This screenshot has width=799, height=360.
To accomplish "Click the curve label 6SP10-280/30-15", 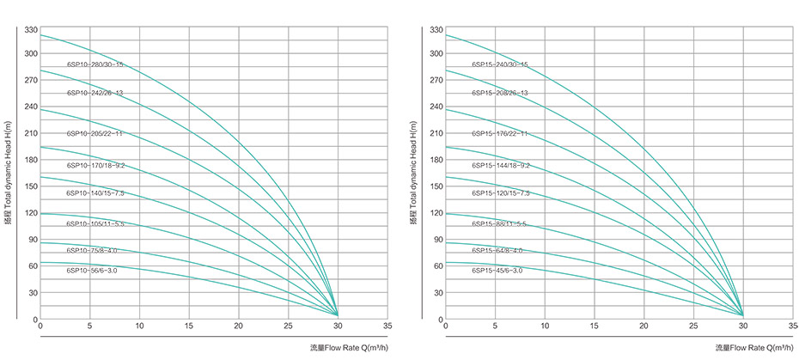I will coord(95,64).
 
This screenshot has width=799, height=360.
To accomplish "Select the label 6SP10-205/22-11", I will coord(95,134).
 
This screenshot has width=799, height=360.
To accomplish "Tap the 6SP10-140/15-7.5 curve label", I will coord(95,193).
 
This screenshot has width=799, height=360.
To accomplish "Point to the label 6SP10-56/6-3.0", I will coord(92,271).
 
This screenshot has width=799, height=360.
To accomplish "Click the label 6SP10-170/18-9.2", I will coord(95,165).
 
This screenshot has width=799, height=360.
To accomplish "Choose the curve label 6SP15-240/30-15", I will coord(500,64).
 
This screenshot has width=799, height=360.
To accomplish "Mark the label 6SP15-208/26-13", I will coord(500,93).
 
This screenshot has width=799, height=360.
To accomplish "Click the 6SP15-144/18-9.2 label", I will coord(500,165).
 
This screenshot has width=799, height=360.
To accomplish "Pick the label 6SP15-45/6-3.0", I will coord(497,271).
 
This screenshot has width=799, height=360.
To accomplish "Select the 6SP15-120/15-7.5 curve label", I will coord(500,193).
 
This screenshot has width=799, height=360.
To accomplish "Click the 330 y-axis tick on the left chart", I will coord(29,30).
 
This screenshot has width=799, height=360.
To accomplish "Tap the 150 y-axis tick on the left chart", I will coord(29,186).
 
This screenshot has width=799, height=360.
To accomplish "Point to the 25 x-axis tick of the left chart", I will coord(288,327).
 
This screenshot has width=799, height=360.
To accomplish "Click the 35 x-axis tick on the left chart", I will coord(387,327).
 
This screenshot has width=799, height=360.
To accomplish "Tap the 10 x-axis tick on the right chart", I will coord(544,327).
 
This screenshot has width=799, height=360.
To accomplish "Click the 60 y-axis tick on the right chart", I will coord(436,266).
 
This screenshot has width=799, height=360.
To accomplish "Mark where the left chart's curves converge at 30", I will coord(338,314).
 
